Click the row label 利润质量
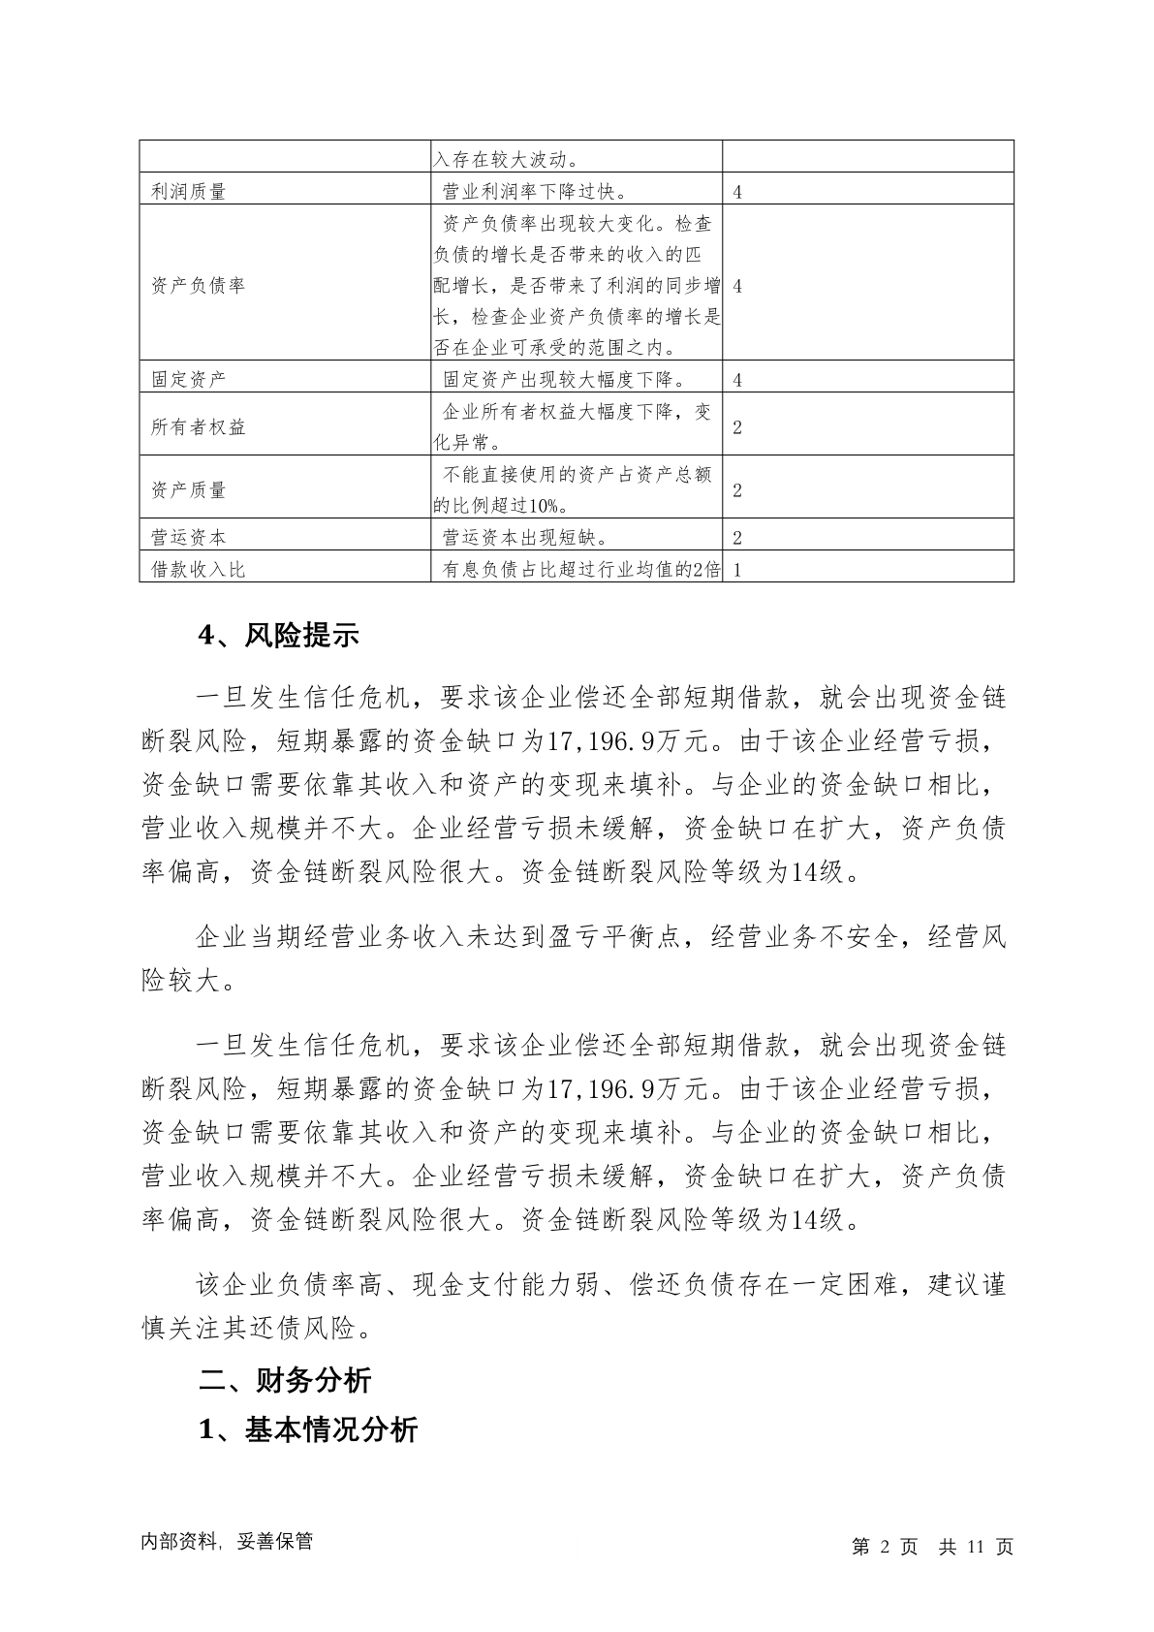[x=188, y=192]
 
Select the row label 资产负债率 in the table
[x=198, y=286]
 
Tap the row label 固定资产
[x=188, y=379]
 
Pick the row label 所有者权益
[x=198, y=426]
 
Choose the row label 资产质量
[x=188, y=489]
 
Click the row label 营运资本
[x=188, y=537]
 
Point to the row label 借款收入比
[x=198, y=569]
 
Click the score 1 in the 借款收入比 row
[x=737, y=570]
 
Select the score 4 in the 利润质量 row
[x=737, y=192]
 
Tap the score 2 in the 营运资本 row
[x=737, y=538]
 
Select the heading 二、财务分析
[x=285, y=1379]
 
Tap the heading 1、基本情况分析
[x=307, y=1429]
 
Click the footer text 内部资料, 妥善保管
[x=227, y=1542]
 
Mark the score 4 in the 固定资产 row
[x=737, y=380]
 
